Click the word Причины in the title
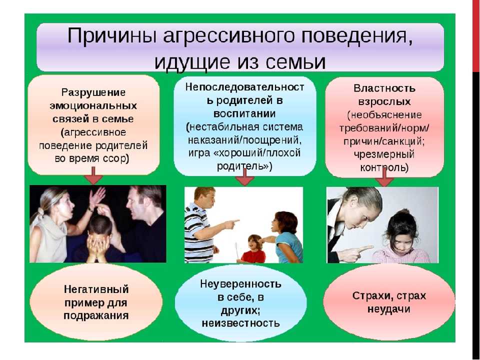111,36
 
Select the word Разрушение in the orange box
93,92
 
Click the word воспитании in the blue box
244,114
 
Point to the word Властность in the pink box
384,88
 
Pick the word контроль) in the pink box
384,167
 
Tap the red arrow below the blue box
244,177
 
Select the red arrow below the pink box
384,178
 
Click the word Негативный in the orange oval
96,289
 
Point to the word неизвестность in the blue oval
240,323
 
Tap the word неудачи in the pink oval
389,309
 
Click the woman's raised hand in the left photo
97,196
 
